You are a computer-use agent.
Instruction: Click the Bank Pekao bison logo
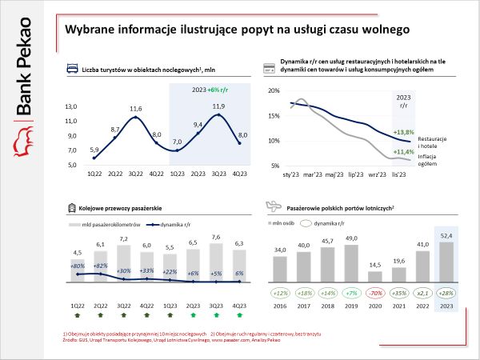[x=23, y=140]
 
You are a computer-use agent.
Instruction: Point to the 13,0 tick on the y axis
[x=71, y=106]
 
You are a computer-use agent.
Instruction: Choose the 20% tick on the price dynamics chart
[x=272, y=91]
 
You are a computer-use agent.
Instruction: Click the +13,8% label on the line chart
[x=404, y=131]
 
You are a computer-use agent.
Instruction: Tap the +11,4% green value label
[x=404, y=151]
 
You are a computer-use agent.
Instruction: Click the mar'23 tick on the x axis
[x=313, y=173]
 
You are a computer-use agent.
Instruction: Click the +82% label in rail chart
[x=100, y=266]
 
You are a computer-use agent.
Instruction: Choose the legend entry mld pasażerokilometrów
[x=105, y=225]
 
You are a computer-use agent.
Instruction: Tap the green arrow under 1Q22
[x=78, y=318]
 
